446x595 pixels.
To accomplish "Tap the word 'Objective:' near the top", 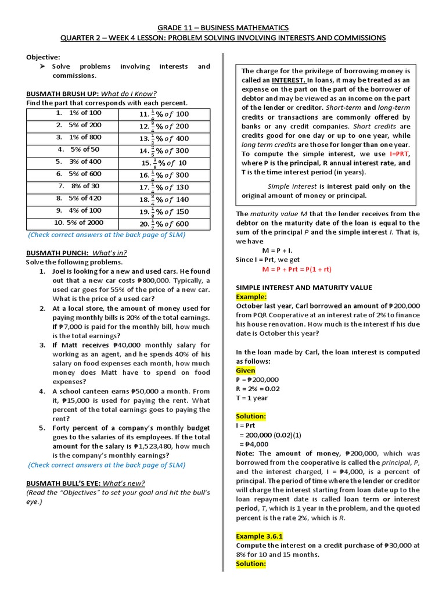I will pos(43,57).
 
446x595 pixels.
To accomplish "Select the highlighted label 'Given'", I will pos(245,370).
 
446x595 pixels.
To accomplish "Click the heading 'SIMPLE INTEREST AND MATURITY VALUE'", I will pos(304,288).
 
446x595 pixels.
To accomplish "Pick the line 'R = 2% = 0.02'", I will pos(258,389).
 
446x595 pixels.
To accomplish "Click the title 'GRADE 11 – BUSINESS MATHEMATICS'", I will pos(224,27).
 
